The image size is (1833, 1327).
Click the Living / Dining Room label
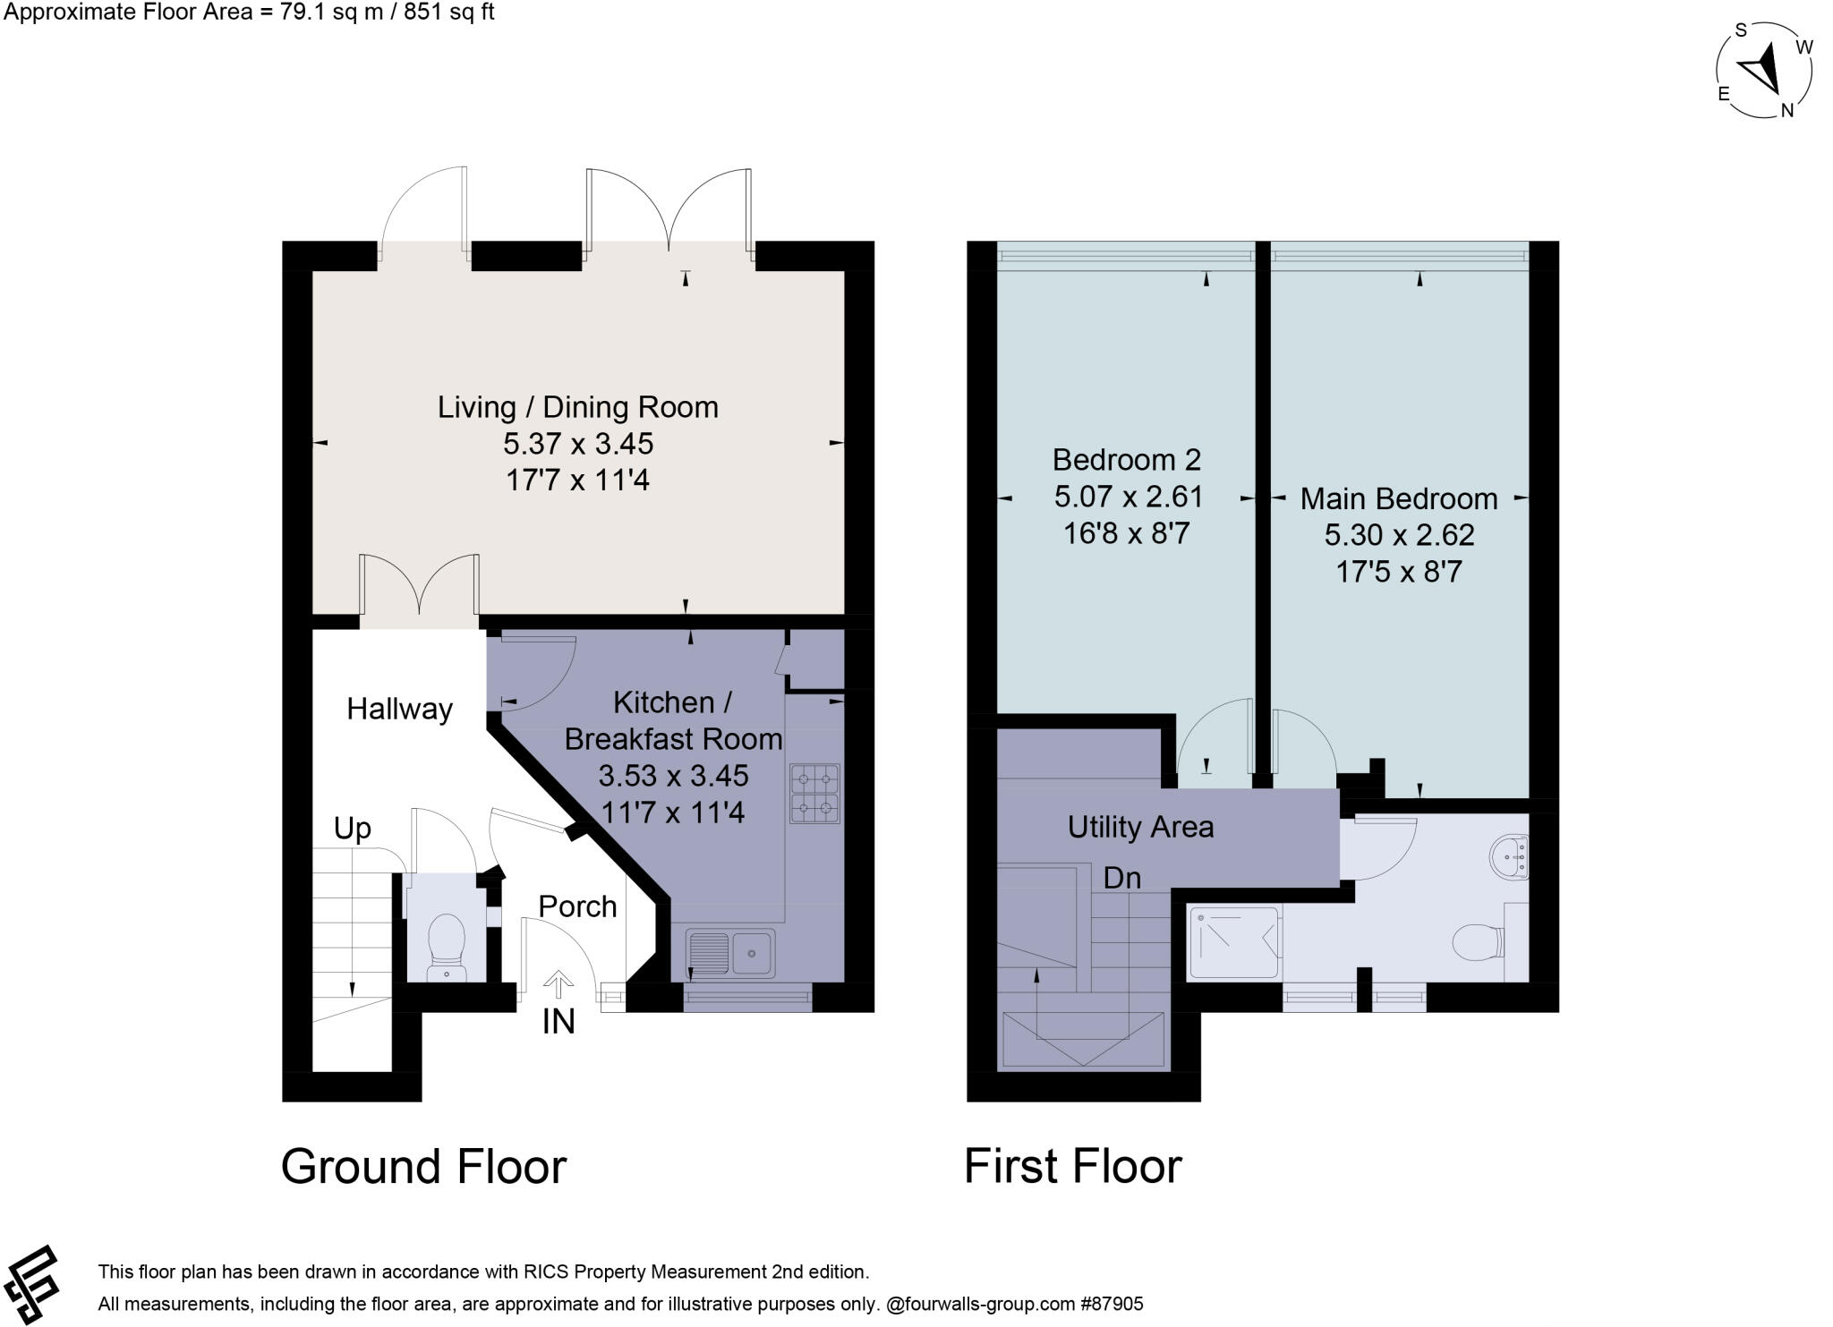pyautogui.click(x=577, y=407)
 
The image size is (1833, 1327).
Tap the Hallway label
pyautogui.click(x=399, y=709)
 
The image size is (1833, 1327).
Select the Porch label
pyautogui.click(x=577, y=906)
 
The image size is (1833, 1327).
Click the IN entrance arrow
pyautogui.click(x=558, y=984)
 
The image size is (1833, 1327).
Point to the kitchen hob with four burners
pyautogui.click(x=814, y=794)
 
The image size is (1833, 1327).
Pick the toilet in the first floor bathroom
pyautogui.click(x=1477, y=942)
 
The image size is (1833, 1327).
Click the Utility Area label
pyautogui.click(x=1140, y=827)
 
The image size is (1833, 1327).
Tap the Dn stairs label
pyautogui.click(x=1121, y=878)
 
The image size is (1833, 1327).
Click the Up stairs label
pyautogui.click(x=352, y=829)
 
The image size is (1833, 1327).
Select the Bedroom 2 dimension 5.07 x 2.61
pyautogui.click(x=1128, y=497)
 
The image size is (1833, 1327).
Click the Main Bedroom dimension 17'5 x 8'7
pyautogui.click(x=1398, y=572)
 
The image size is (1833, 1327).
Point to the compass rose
pyautogui.click(x=1763, y=70)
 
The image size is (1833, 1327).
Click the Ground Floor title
pyautogui.click(x=423, y=1167)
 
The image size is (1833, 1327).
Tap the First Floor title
pyautogui.click(x=1072, y=1167)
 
